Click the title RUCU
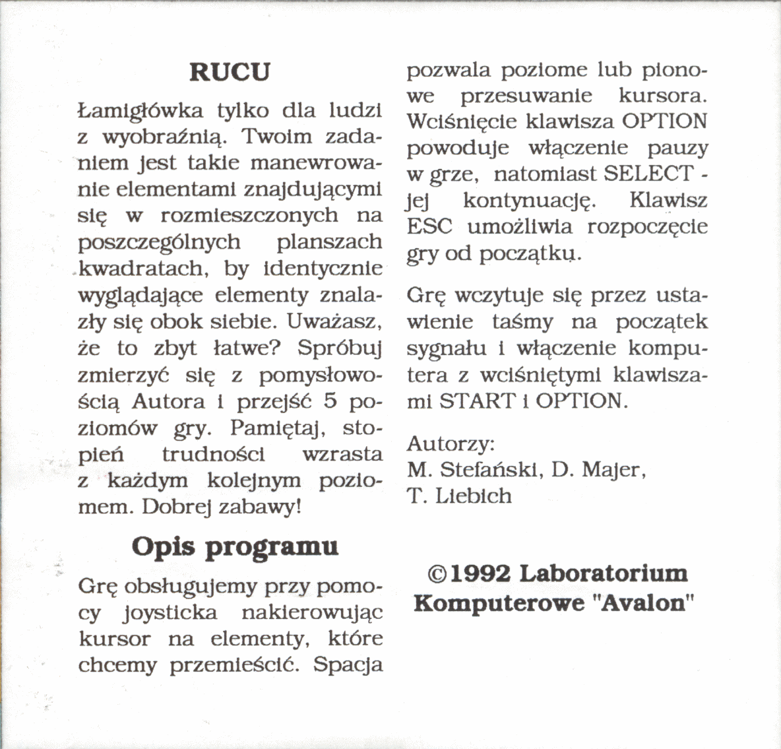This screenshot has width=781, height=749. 230,72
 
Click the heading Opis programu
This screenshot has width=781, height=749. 235,547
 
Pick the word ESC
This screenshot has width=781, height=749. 429,227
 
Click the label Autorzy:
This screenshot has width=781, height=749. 451,443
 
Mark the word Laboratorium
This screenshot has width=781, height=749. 604,573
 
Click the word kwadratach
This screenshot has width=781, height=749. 146,269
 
